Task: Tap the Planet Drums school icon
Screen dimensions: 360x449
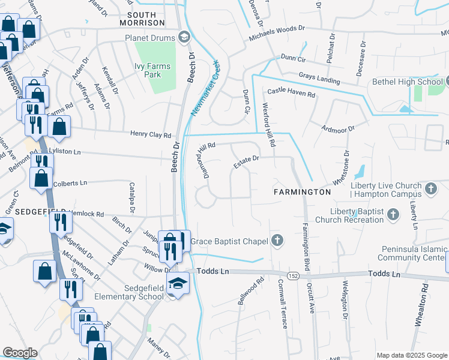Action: click(x=184, y=38)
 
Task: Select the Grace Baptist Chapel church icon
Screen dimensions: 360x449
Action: click(x=277, y=241)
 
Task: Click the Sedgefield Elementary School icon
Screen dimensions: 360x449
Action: click(x=178, y=283)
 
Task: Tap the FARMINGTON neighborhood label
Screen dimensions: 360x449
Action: click(x=302, y=192)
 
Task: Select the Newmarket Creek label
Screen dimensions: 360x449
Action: click(x=204, y=88)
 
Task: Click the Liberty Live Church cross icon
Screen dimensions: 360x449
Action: click(x=430, y=190)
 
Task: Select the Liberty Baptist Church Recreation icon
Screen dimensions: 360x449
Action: click(x=393, y=214)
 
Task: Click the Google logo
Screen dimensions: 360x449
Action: click(x=19, y=353)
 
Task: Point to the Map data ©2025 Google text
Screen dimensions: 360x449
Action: click(x=411, y=355)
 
